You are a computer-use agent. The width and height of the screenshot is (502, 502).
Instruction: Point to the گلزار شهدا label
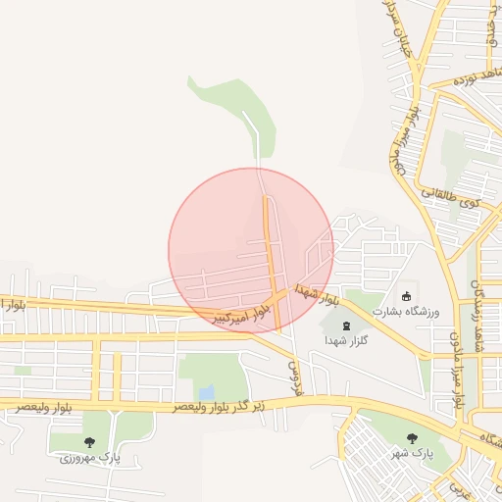coord(346,339)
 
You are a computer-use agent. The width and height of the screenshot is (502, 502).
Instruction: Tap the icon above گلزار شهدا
coord(346,325)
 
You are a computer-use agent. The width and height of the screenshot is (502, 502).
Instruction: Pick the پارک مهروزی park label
coord(90,457)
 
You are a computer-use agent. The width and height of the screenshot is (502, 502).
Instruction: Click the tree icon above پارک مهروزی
coord(90,442)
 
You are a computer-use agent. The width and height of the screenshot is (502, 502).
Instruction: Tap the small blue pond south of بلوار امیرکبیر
coord(207,393)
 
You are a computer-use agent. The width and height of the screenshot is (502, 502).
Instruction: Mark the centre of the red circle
coord(251,250)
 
